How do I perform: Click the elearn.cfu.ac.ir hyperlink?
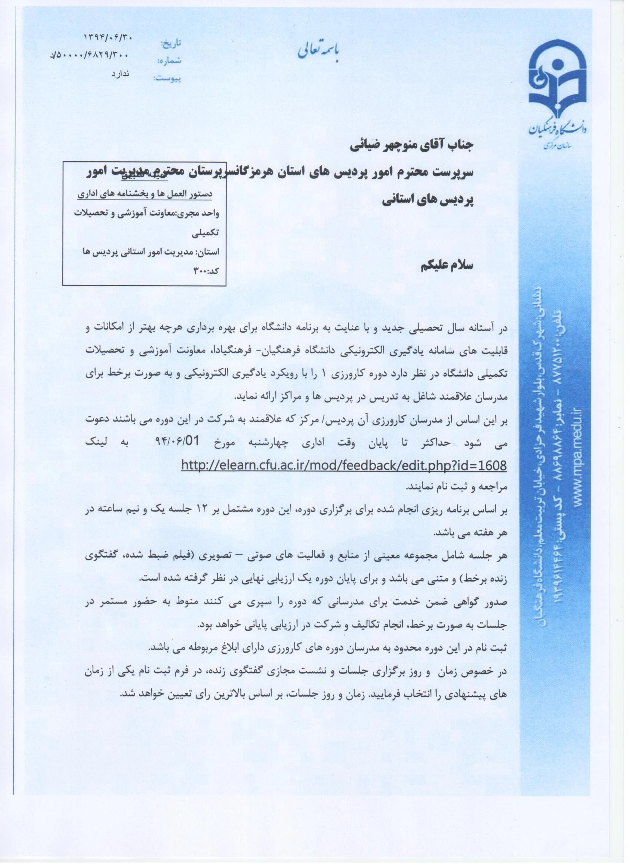[x=344, y=465]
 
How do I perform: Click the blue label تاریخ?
[x=170, y=43]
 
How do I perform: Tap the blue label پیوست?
[x=167, y=79]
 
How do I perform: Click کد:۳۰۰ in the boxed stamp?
[x=206, y=271]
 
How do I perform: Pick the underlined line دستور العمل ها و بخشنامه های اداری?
[x=145, y=194]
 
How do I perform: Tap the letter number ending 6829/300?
[x=90, y=56]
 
